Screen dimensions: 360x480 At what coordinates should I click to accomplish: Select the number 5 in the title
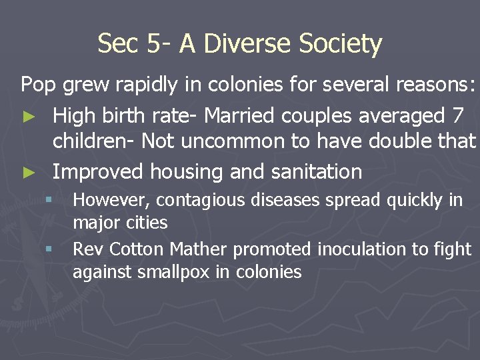(x=154, y=44)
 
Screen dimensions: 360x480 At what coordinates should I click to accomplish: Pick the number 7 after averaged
(x=457, y=115)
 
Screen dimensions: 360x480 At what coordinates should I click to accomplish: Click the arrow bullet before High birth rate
(x=27, y=117)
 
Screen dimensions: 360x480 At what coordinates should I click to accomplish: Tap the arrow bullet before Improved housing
(x=27, y=173)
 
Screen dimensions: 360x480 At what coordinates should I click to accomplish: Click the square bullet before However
(x=49, y=200)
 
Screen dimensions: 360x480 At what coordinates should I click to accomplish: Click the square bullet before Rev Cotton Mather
(x=49, y=250)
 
